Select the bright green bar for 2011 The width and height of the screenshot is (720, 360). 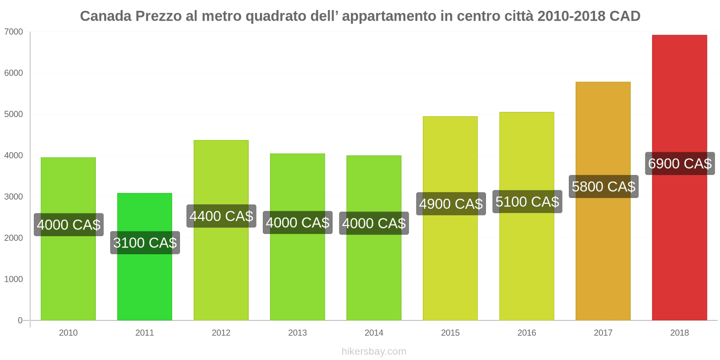(x=144, y=283)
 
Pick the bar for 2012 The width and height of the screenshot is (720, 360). (x=221, y=270)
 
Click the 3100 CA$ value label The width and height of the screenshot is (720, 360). (x=145, y=243)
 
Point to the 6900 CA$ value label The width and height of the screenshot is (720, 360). (x=679, y=163)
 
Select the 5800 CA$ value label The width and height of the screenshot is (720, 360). (x=603, y=186)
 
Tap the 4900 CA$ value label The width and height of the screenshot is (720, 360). (x=451, y=204)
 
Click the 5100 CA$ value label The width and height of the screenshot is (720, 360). (x=527, y=202)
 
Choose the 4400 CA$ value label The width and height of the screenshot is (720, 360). (x=221, y=216)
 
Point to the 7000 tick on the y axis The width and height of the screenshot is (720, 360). (x=13, y=32)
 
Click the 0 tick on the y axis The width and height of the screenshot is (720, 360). (x=20, y=320)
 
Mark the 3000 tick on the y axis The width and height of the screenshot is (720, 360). (x=13, y=197)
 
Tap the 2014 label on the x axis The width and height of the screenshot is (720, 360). (x=373, y=333)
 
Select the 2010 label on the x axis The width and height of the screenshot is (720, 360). (x=68, y=333)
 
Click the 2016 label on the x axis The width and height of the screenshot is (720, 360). (x=526, y=333)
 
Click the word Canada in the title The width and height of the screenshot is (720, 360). (x=106, y=16)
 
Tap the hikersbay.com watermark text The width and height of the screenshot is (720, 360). (x=373, y=351)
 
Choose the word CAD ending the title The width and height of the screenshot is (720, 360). (x=625, y=16)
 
